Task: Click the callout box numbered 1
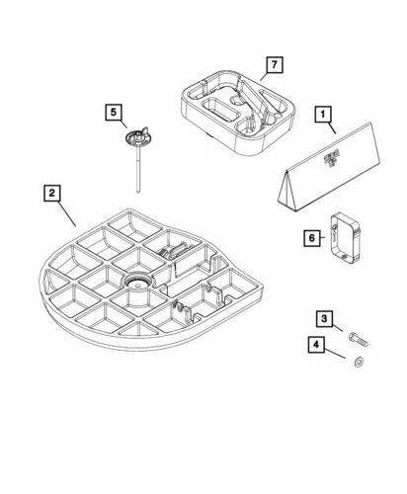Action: pyautogui.click(x=322, y=114)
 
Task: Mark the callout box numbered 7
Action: pyautogui.click(x=272, y=66)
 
